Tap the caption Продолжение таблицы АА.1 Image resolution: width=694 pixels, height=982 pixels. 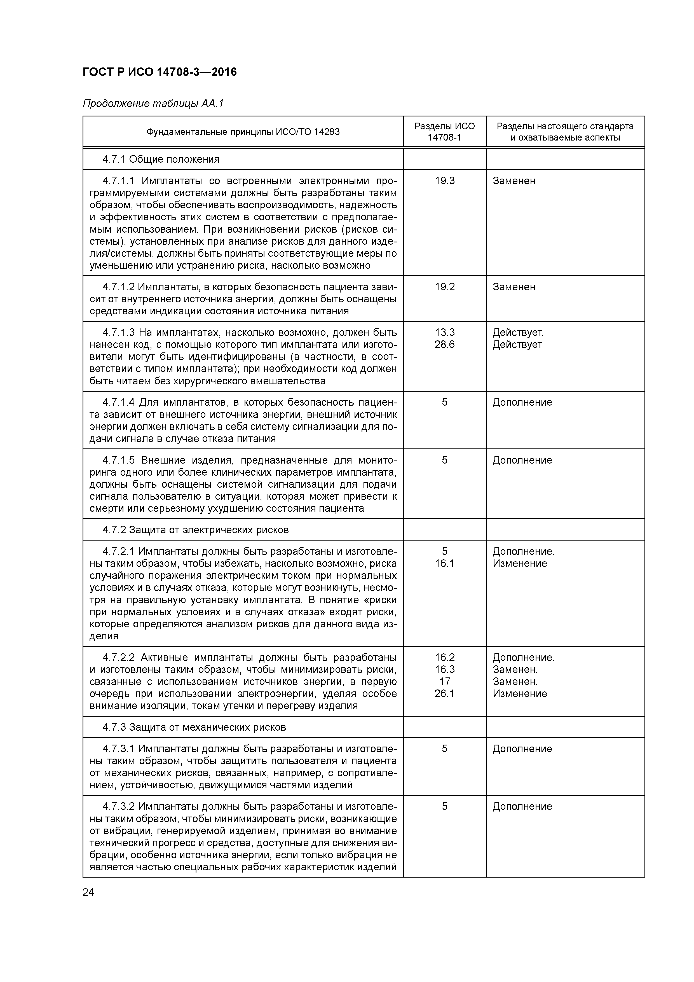pyautogui.click(x=153, y=104)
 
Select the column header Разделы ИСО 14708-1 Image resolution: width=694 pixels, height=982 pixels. pyautogui.click(x=444, y=132)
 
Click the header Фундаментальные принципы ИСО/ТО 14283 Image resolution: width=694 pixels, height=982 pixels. pyautogui.click(x=243, y=132)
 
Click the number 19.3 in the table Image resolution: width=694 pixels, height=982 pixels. pyautogui.click(x=444, y=181)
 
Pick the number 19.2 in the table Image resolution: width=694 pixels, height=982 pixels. pyautogui.click(x=444, y=287)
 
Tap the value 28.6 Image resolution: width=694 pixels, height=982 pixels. pyautogui.click(x=444, y=345)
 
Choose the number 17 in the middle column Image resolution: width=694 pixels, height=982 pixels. pyautogui.click(x=444, y=682)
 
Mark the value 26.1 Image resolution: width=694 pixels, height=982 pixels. pyautogui.click(x=444, y=694)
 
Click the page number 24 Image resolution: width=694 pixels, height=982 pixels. pyautogui.click(x=88, y=892)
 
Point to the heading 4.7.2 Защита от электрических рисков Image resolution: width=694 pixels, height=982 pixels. pyautogui.click(x=195, y=530)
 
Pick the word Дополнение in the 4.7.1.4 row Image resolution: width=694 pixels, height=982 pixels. pyautogui.click(x=522, y=403)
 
